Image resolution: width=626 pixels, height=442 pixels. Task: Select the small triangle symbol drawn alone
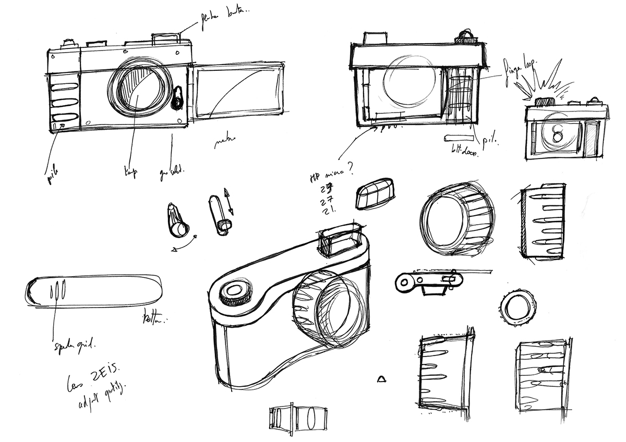(x=382, y=378)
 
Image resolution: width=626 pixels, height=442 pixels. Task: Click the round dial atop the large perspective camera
(x=234, y=293)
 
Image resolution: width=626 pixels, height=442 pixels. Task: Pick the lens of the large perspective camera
(x=329, y=308)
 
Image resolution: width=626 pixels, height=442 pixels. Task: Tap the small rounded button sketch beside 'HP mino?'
(x=375, y=193)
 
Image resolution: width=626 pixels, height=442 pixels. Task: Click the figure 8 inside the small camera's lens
(x=558, y=134)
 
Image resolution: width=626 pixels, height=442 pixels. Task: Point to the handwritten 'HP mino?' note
(x=331, y=175)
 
